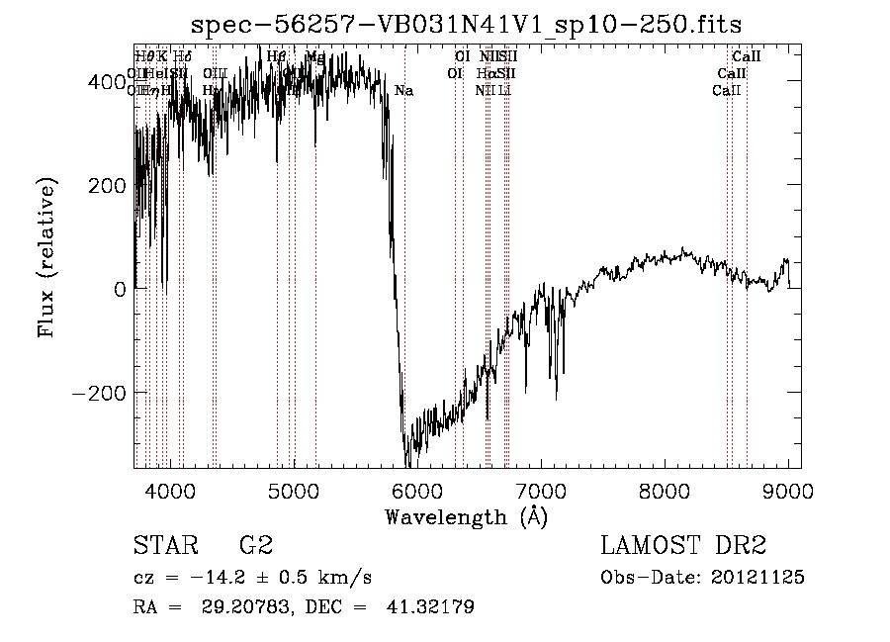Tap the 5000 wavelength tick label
[294, 489]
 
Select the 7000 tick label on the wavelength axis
[541, 489]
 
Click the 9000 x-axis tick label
[788, 489]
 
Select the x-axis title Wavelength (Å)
[467, 516]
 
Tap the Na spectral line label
[403, 91]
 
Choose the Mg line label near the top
[314, 57]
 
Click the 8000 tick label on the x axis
[665, 489]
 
